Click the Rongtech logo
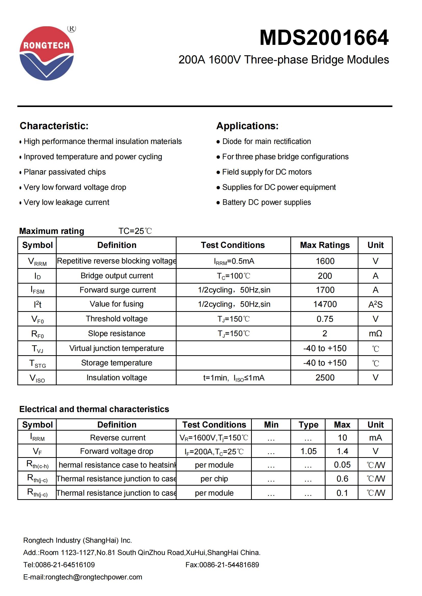pyautogui.click(x=47, y=53)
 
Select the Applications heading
pyautogui.click(x=247, y=126)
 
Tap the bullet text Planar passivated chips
pyautogui.click(x=65, y=172)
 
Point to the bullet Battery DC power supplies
pyautogui.click(x=266, y=202)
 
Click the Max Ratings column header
pyautogui.click(x=325, y=245)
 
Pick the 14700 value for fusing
pyautogui.click(x=325, y=304)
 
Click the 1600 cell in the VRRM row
pyautogui.click(x=325, y=261)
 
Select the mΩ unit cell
pyautogui.click(x=375, y=334)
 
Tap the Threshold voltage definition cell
pyautogui.click(x=117, y=319)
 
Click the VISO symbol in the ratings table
pyautogui.click(x=37, y=378)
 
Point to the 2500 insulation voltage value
pyautogui.click(x=325, y=378)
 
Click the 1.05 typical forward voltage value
pyautogui.click(x=308, y=452)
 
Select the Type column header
pyautogui.click(x=308, y=425)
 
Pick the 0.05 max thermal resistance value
pyautogui.click(x=342, y=465)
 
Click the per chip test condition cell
pyautogui.click(x=214, y=479)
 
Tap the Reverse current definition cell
pyautogui.click(x=118, y=438)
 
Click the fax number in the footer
pyautogui.click(x=222, y=565)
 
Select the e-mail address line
pyautogui.click(x=83, y=577)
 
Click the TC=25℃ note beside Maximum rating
pyautogui.click(x=135, y=231)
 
